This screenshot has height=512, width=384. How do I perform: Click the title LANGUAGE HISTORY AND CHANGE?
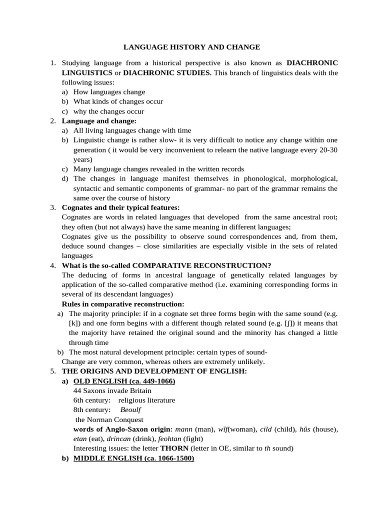192,47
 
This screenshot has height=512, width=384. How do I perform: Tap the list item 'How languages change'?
109,92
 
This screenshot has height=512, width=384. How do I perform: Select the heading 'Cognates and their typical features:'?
120,207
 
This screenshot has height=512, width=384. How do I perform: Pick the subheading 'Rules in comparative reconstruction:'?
123,304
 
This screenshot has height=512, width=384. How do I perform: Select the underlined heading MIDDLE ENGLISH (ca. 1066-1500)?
133,458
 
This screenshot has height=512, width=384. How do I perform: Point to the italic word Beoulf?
130,410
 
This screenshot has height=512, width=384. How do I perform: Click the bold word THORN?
174,448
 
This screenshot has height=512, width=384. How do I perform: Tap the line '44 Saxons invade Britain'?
112,390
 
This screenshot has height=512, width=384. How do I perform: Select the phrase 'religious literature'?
146,400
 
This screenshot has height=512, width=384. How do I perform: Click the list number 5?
52,371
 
